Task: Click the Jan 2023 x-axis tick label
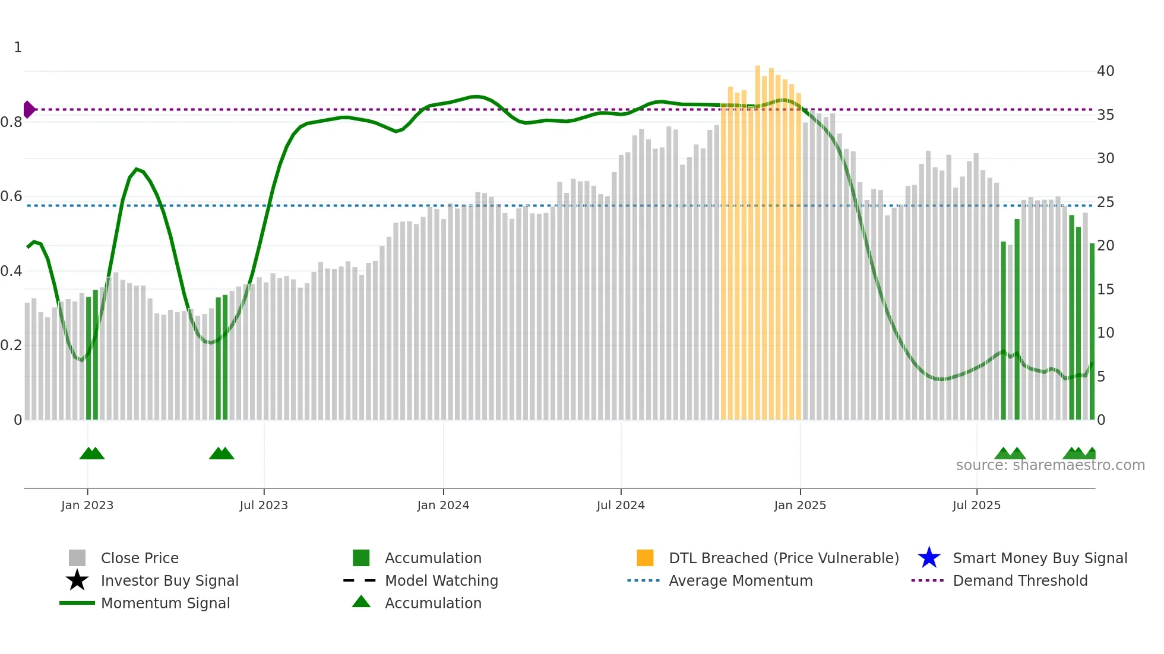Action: pyautogui.click(x=87, y=505)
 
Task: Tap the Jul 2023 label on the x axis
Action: pyautogui.click(x=264, y=505)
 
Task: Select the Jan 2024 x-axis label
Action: pyautogui.click(x=443, y=505)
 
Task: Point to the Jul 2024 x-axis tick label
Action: pyautogui.click(x=621, y=505)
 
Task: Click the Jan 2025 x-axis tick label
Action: pyautogui.click(x=800, y=505)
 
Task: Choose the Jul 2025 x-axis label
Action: pyautogui.click(x=976, y=505)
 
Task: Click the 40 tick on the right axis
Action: pyautogui.click(x=1105, y=71)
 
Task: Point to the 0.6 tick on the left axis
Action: pyautogui.click(x=11, y=196)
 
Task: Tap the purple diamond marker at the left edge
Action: pyautogui.click(x=29, y=110)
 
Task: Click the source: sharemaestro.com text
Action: pyautogui.click(x=1050, y=465)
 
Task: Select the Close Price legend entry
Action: pyautogui.click(x=140, y=558)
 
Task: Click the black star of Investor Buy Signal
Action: pyautogui.click(x=77, y=580)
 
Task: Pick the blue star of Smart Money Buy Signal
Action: pyautogui.click(x=929, y=558)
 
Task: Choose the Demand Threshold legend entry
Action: pyautogui.click(x=1020, y=580)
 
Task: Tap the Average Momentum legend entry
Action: pyautogui.click(x=740, y=580)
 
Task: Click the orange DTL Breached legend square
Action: pyautogui.click(x=645, y=558)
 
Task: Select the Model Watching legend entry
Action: pyautogui.click(x=441, y=580)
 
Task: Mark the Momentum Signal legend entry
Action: pyautogui.click(x=165, y=603)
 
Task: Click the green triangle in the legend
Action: pyautogui.click(x=361, y=602)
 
